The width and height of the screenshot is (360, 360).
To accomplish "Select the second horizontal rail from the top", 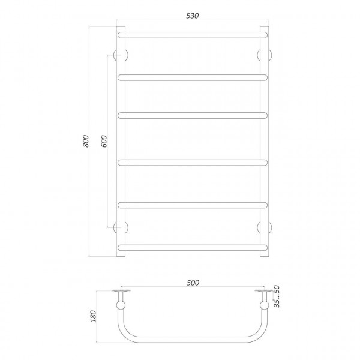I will [193, 76].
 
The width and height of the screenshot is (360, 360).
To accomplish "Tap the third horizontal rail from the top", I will [193, 115].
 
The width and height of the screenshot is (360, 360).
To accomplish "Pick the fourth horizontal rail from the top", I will [193, 160].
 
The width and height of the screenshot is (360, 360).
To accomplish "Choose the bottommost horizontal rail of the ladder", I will [193, 247].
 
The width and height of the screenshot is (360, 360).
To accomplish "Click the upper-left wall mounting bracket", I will [122, 55].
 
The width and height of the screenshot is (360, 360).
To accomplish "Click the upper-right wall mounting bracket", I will [264, 55].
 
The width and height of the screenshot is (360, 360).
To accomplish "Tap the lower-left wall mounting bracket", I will [122, 226].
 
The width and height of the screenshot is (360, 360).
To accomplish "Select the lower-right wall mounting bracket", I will [264, 226].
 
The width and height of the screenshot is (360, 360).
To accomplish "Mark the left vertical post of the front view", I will [121, 142].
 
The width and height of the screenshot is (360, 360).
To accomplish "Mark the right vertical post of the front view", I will [265, 142].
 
